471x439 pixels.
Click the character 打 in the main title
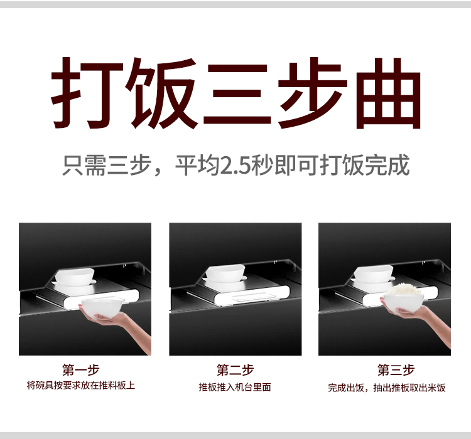[87, 93]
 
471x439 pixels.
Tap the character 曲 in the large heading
[388, 93]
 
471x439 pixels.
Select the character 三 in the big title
[237, 93]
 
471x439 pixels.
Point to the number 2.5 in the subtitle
[235, 166]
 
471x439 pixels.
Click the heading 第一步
[81, 369]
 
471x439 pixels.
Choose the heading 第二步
[235, 369]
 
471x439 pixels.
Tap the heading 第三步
[396, 369]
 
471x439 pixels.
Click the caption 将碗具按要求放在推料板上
[81, 385]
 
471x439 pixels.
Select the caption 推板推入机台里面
[235, 387]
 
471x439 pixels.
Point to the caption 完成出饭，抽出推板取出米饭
[387, 388]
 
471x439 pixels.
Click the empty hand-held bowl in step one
[102, 307]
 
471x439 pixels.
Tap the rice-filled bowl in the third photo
[404, 302]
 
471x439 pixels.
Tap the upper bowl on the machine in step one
[75, 277]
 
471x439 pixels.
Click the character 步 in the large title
[312, 93]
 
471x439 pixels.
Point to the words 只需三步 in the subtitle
[107, 166]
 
